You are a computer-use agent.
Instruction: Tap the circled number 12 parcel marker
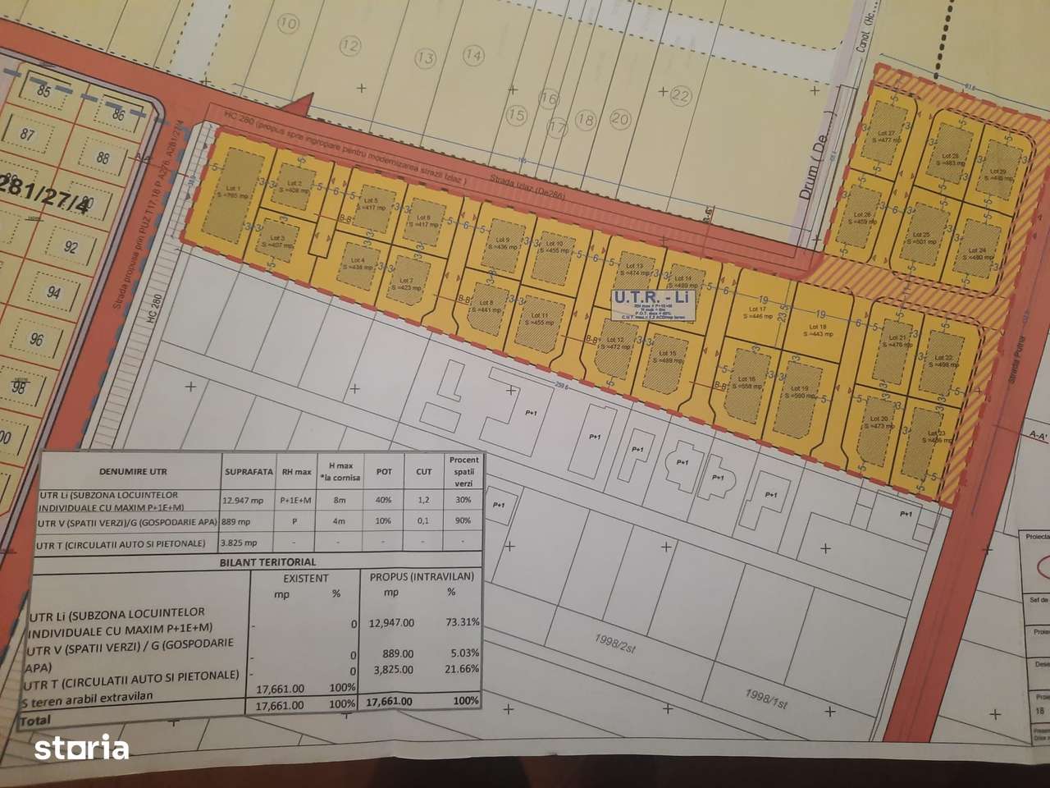pos(350,45)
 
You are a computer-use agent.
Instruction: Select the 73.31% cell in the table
pos(457,622)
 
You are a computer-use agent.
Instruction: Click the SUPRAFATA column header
pos(249,472)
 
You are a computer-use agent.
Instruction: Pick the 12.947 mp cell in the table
pos(244,498)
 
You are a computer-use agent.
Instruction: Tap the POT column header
pos(383,472)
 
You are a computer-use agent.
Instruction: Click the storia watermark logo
pos(81,748)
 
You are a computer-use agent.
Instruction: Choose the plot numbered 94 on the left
pos(52,292)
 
